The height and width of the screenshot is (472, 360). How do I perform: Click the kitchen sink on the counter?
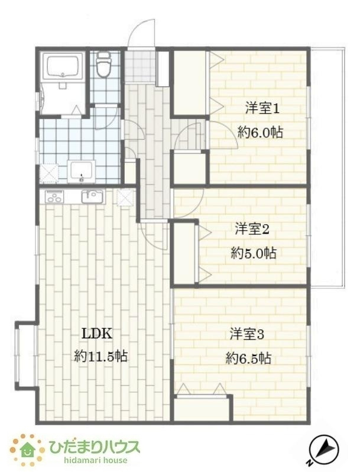pos(92,196)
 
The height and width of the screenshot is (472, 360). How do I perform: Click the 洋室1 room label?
pos(262,108)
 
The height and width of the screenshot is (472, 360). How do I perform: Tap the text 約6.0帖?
pos(261,132)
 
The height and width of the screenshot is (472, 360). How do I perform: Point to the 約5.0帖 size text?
pos(252,253)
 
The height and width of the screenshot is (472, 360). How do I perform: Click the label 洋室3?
pos(247,334)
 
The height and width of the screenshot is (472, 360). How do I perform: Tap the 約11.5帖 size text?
pos(101,356)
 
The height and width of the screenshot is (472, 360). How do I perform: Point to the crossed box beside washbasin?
pos(49,172)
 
